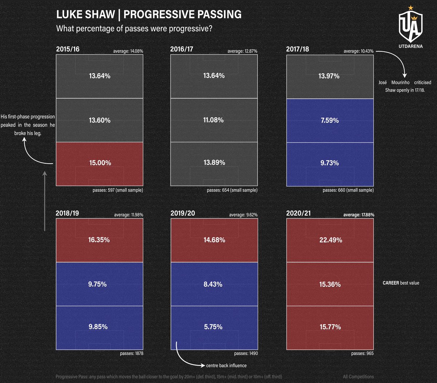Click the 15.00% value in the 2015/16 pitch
pyautogui.click(x=100, y=163)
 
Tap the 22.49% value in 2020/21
pyautogui.click(x=331, y=240)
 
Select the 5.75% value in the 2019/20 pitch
pyautogui.click(x=213, y=327)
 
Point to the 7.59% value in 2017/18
pyautogui.click(x=330, y=120)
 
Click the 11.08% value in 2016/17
pyautogui.click(x=213, y=120)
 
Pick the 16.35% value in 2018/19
pyautogui.click(x=99, y=240)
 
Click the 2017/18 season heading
pyautogui.click(x=298, y=49)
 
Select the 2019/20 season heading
pyautogui.click(x=182, y=213)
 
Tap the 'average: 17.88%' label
pyautogui.click(x=358, y=215)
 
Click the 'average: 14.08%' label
pyautogui.click(x=128, y=51)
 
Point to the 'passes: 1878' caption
pyautogui.click(x=131, y=353)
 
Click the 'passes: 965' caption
pyautogui.click(x=362, y=353)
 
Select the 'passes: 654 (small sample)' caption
pyautogui.click(x=232, y=190)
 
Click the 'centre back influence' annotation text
pyautogui.click(x=226, y=366)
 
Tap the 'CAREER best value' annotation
pyautogui.click(x=401, y=283)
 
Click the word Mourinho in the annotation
pyautogui.click(x=400, y=83)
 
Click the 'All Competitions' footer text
pyautogui.click(x=358, y=377)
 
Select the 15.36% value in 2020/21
pyautogui.click(x=330, y=284)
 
